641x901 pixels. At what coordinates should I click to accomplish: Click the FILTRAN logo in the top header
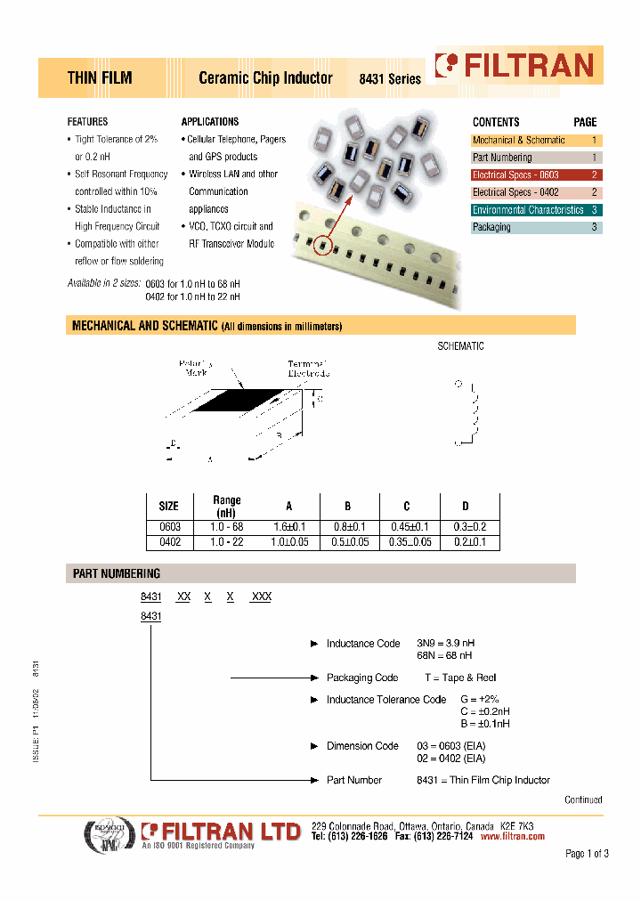coord(514,66)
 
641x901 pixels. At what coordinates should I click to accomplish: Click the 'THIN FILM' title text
coord(100,78)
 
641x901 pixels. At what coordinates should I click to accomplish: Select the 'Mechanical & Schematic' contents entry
coord(519,141)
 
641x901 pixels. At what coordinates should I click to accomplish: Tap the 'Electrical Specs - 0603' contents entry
coord(515,175)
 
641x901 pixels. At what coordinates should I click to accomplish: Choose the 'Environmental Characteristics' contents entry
coord(528,210)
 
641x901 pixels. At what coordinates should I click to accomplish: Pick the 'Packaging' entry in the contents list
coord(491,227)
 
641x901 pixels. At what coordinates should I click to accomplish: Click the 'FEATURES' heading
coord(87,122)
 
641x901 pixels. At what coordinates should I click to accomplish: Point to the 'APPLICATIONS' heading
coord(210,122)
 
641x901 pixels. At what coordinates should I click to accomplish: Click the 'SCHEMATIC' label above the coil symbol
coord(460,346)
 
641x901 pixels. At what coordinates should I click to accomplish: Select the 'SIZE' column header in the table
coord(168,506)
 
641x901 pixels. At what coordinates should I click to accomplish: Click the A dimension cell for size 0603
coord(288,527)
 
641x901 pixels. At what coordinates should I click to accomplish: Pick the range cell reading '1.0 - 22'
coord(226,542)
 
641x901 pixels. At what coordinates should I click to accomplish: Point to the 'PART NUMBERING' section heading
coord(117,574)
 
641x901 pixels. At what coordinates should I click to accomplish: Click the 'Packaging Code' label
coord(362,678)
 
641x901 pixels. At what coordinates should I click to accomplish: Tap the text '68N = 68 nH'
coord(446,656)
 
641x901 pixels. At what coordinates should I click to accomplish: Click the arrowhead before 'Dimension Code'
coord(313,746)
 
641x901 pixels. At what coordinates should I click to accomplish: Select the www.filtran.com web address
coord(512,837)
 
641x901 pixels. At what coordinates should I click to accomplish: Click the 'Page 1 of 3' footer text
coord(587,855)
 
